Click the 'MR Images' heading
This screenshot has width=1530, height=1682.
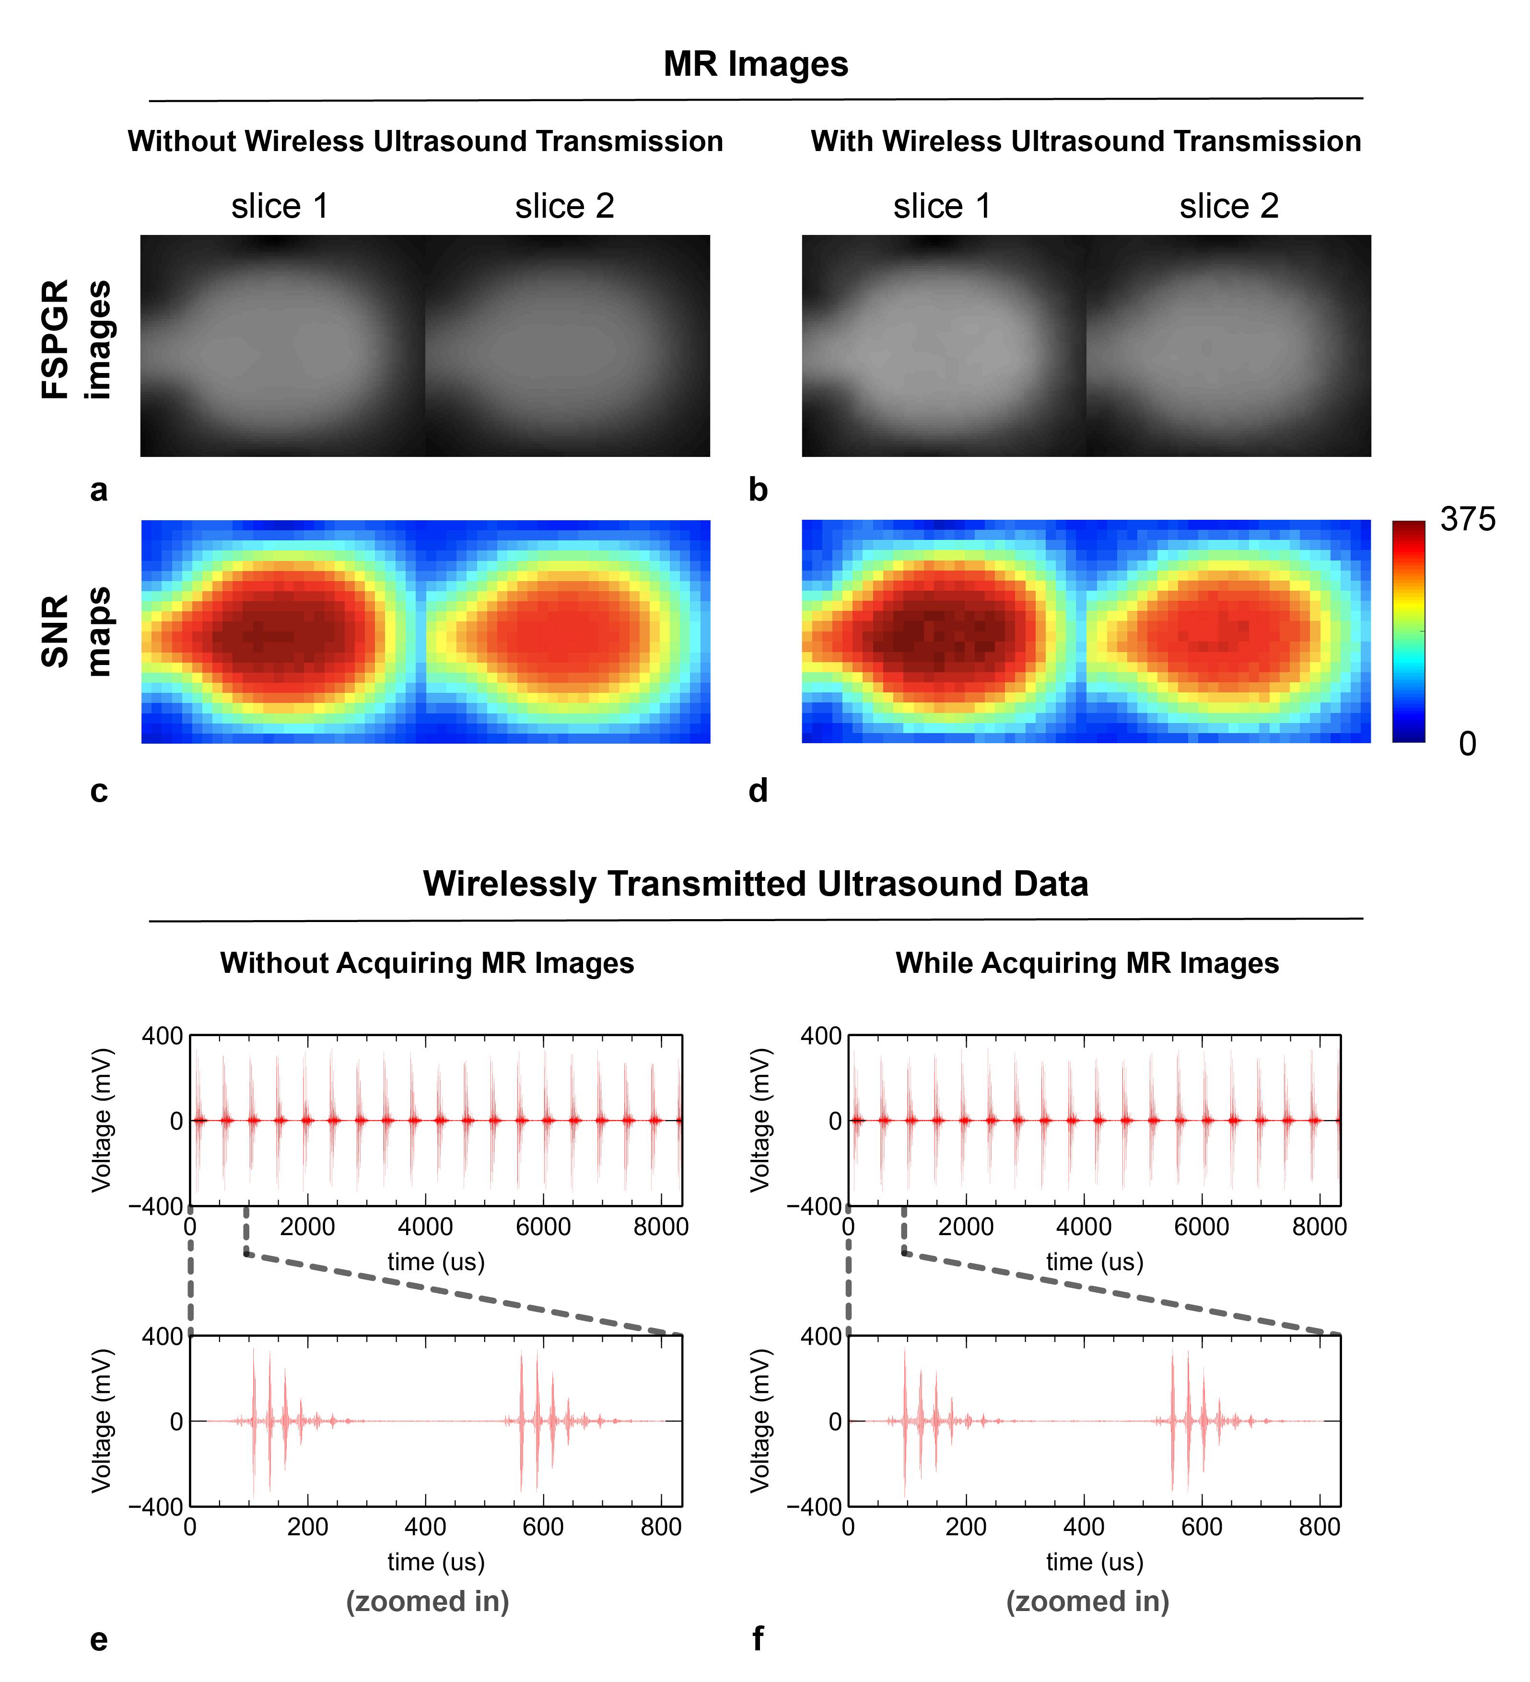(x=755, y=64)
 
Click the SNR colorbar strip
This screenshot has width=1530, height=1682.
(x=1408, y=631)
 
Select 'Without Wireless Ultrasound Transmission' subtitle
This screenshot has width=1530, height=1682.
(x=425, y=141)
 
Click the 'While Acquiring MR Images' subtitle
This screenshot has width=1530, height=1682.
(x=1087, y=963)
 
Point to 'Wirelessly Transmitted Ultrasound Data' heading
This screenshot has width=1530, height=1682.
(x=755, y=884)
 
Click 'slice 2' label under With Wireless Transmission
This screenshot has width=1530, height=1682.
(x=1229, y=206)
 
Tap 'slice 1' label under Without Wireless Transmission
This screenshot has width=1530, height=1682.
(x=280, y=206)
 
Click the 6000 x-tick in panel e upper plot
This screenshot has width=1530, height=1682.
(x=543, y=1226)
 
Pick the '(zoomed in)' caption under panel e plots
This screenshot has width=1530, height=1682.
(x=428, y=1601)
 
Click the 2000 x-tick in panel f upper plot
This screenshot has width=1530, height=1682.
(x=966, y=1226)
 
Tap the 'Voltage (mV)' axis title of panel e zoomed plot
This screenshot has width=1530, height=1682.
(x=102, y=1421)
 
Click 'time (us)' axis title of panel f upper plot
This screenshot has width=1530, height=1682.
(x=1095, y=1261)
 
